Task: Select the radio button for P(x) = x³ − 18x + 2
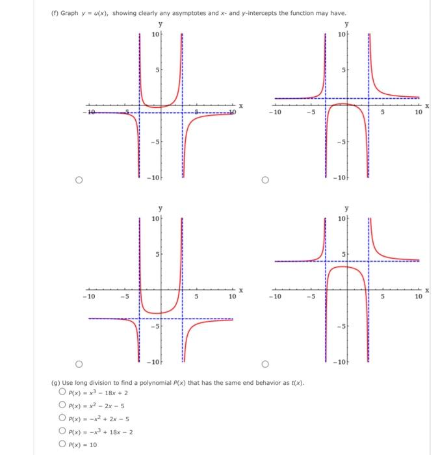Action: click(x=62, y=391)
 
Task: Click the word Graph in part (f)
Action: click(x=69, y=13)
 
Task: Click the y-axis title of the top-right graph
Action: click(x=346, y=24)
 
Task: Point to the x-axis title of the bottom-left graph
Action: click(x=240, y=291)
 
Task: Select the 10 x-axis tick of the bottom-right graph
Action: click(x=418, y=297)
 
